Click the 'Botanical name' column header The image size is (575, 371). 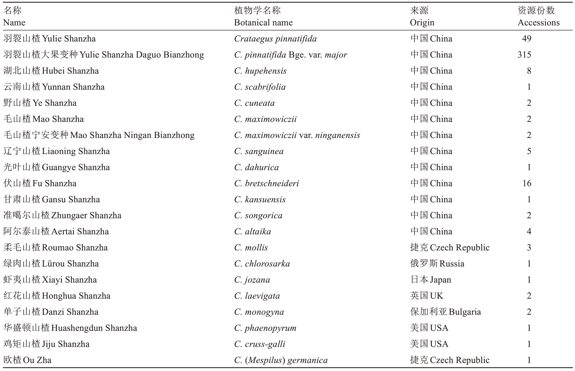pyautogui.click(x=263, y=23)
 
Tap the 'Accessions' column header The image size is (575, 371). pyautogui.click(x=538, y=23)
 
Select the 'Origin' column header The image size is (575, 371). pyautogui.click(x=422, y=23)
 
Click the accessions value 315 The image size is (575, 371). pyautogui.click(x=524, y=55)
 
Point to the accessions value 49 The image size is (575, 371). pyautogui.click(x=526, y=39)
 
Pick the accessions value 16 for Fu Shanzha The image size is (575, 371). pyautogui.click(x=526, y=183)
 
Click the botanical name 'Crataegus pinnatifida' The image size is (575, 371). pyautogui.click(x=275, y=39)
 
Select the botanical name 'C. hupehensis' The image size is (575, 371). pyautogui.click(x=260, y=71)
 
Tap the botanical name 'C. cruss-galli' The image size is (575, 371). pyautogui.click(x=260, y=344)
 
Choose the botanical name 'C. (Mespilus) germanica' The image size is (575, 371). pyautogui.click(x=281, y=360)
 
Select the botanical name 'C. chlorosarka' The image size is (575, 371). pyautogui.click(x=262, y=264)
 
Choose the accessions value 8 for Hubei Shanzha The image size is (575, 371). pyautogui.click(x=529, y=71)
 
